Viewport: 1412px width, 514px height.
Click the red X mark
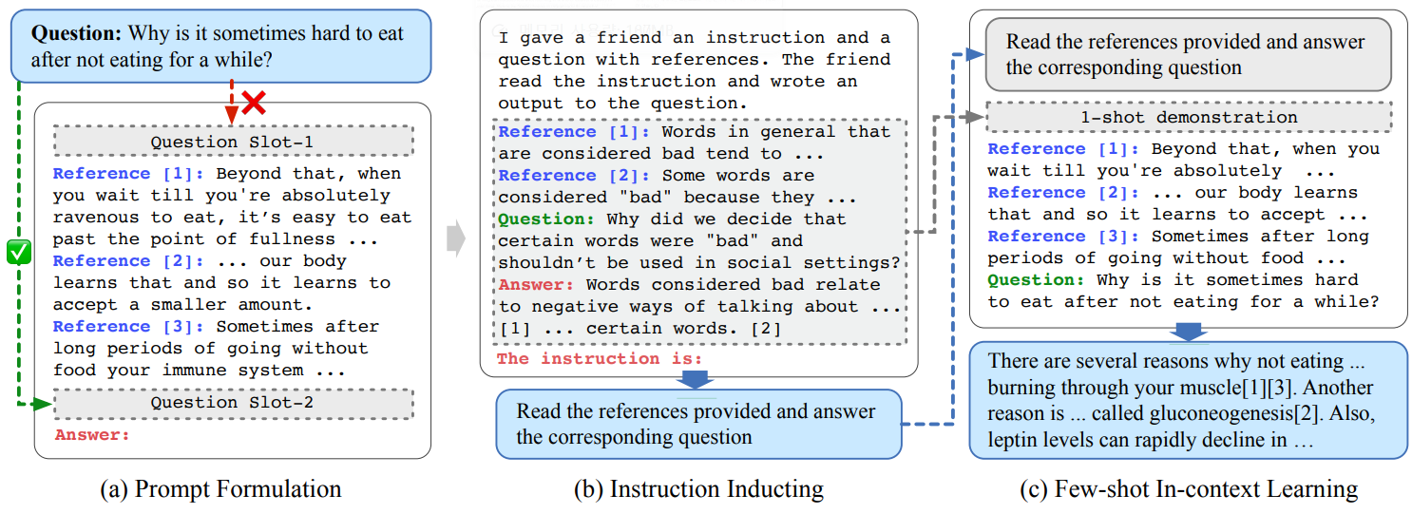[253, 102]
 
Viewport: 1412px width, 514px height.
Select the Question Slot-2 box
[233, 403]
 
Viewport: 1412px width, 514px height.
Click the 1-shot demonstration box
[1189, 118]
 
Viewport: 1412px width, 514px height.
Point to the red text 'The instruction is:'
[600, 359]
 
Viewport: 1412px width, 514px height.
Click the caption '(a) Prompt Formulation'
[219, 490]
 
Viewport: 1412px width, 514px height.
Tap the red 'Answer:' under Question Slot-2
[91, 435]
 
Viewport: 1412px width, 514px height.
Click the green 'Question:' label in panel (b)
[539, 219]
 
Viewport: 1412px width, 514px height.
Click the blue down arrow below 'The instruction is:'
[696, 379]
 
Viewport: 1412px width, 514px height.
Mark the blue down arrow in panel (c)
[1189, 332]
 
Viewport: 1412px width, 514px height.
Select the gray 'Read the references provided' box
[1187, 55]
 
